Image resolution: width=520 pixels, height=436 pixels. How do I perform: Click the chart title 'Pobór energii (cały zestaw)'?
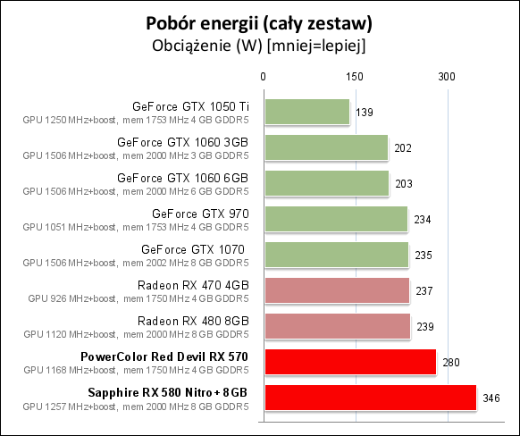point(259,24)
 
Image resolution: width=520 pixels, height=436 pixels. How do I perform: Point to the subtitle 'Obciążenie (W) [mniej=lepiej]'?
point(259,46)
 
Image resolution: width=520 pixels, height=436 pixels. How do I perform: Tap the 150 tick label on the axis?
point(355,77)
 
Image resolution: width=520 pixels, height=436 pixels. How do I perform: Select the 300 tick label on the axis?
point(447,77)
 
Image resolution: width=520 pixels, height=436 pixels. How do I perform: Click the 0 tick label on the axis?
point(263,77)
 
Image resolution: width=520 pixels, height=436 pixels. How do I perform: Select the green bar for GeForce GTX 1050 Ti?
point(307,112)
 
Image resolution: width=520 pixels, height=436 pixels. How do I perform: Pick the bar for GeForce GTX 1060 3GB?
point(326,147)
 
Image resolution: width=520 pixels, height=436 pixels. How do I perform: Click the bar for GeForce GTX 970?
point(336,219)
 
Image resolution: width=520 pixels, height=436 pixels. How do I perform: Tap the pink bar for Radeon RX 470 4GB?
point(337,290)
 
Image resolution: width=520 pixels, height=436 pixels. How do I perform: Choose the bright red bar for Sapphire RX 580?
point(371,398)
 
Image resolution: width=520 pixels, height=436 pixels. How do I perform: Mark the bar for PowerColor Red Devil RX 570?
point(350,362)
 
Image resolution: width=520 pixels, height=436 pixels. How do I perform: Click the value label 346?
point(491,398)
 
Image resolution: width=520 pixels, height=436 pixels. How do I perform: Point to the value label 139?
point(365,113)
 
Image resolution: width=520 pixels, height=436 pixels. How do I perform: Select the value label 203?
point(404,184)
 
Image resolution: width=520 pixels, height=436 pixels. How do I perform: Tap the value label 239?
point(425,327)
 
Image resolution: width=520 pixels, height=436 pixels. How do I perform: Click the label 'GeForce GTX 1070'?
point(193,249)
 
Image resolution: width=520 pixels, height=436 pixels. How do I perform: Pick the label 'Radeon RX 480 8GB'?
point(193,321)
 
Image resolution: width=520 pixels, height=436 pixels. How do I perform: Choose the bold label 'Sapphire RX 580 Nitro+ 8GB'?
point(167,392)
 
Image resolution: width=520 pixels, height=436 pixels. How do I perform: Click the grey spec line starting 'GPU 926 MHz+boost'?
point(138,298)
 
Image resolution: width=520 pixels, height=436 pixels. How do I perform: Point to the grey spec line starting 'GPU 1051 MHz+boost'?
point(136,227)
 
